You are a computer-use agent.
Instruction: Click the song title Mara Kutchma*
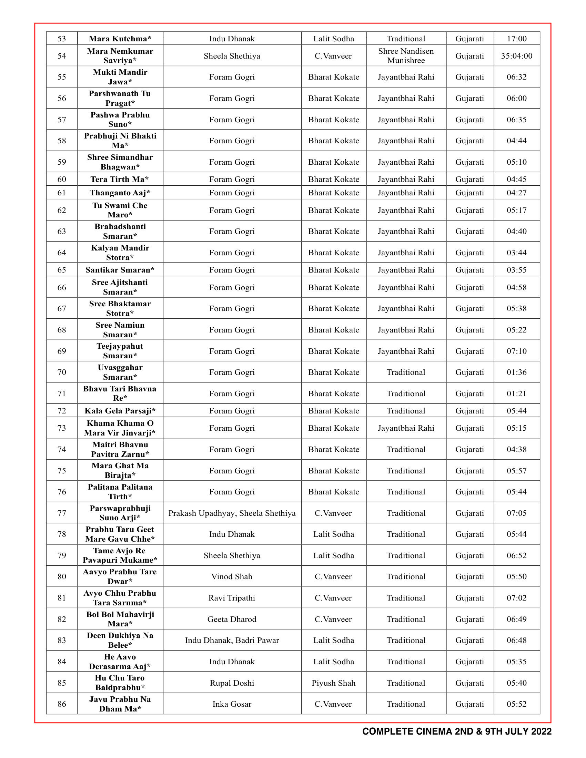click(x=120, y=39)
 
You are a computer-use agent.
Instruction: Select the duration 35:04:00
click(x=517, y=56)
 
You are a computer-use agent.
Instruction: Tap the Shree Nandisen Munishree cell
click(x=406, y=56)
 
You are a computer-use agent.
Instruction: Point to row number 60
click(x=61, y=179)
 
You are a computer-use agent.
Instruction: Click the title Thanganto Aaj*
click(x=120, y=193)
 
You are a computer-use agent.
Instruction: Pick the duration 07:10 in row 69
click(x=517, y=351)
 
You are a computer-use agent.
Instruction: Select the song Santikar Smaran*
click(x=120, y=270)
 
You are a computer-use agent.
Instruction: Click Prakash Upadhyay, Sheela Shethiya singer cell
click(x=232, y=513)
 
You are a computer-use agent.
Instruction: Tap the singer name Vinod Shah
click(x=232, y=576)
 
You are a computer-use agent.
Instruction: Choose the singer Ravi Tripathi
click(x=232, y=598)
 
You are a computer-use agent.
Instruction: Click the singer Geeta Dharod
click(x=232, y=619)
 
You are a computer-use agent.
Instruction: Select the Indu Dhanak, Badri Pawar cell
click(x=232, y=640)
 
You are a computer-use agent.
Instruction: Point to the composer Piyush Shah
click(x=333, y=683)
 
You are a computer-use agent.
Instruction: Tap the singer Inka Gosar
click(x=232, y=704)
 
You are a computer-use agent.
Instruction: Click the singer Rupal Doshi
click(x=232, y=683)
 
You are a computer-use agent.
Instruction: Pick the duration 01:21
click(x=517, y=393)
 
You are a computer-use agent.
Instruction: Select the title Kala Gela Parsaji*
click(x=120, y=411)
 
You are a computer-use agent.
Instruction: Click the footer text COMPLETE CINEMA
click(x=407, y=731)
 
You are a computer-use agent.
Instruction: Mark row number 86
click(x=61, y=704)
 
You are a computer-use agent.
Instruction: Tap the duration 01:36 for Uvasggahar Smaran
click(x=517, y=372)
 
